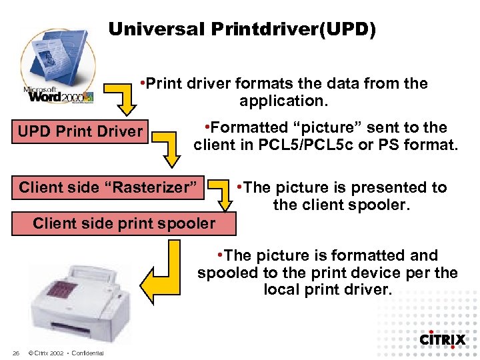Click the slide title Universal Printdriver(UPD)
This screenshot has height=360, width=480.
click(x=242, y=29)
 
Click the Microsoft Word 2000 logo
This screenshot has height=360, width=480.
click(x=59, y=67)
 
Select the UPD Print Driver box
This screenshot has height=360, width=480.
click(x=80, y=131)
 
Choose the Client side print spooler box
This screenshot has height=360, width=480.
click(x=124, y=223)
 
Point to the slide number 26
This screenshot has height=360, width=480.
click(x=15, y=353)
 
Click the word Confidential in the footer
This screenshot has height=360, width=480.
click(x=87, y=353)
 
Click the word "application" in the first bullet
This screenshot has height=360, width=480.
click(x=280, y=101)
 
